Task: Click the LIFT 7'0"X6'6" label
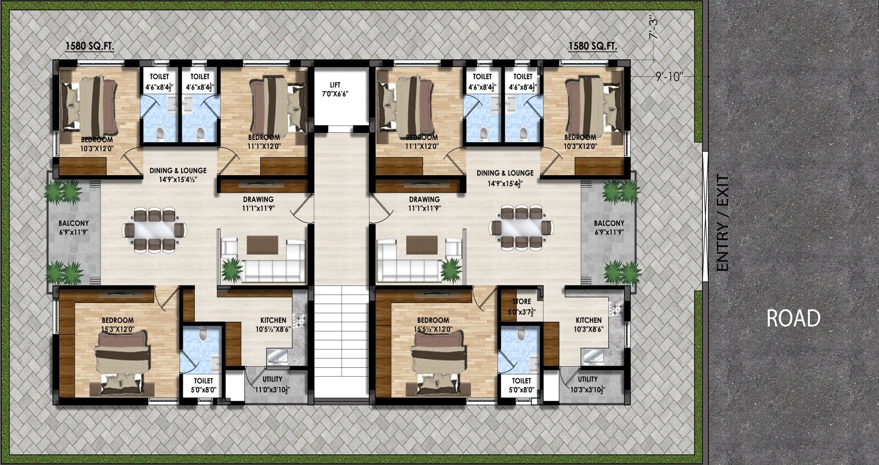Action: (335, 89)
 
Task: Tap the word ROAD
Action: (793, 318)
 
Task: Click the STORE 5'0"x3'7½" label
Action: (522, 306)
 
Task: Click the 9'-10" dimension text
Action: (669, 77)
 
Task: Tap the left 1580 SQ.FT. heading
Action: (90, 47)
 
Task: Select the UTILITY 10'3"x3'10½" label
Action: (587, 383)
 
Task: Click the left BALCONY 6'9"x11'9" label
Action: (74, 228)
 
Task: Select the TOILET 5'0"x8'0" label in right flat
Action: (521, 385)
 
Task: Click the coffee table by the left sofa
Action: (262, 245)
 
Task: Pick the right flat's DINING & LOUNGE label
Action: (505, 177)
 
